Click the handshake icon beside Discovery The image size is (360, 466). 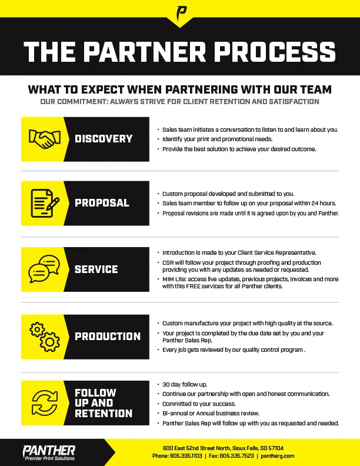point(42,139)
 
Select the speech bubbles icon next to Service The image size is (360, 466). point(42,269)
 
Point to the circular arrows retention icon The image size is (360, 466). point(42,403)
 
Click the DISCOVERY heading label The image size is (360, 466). point(104,139)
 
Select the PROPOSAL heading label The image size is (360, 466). point(102,203)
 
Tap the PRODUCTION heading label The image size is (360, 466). point(108,337)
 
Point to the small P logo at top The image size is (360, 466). point(180,12)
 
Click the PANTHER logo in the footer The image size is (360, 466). point(49,452)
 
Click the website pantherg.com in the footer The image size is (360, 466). point(278,456)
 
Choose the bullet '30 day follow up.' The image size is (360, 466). point(185,384)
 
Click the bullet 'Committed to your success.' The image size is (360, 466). point(199,404)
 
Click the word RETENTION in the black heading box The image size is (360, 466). point(104,414)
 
